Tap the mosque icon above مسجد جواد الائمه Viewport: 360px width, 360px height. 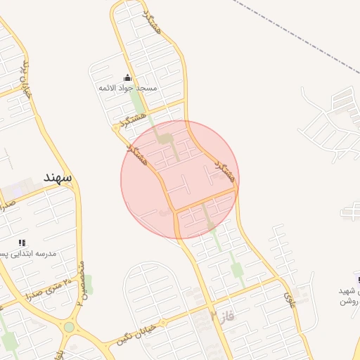[127, 78]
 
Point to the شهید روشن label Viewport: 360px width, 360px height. [349, 295]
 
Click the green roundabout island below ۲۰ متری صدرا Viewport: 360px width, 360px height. [69, 327]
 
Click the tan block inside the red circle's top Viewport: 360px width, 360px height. [165, 139]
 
